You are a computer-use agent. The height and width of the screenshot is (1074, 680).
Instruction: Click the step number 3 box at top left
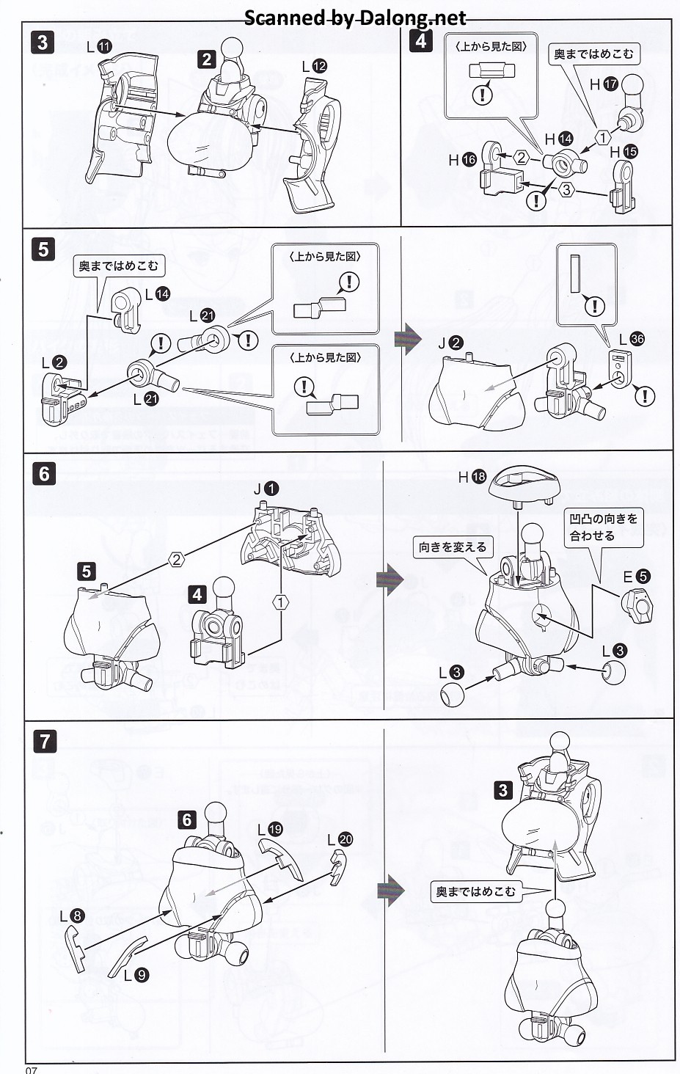tap(43, 42)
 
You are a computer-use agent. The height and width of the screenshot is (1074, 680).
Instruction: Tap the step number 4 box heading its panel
tap(420, 40)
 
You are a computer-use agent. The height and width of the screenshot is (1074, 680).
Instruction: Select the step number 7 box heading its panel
tap(45, 741)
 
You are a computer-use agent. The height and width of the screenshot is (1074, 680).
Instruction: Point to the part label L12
tap(314, 66)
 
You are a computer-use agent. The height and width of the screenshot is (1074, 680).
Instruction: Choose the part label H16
tap(463, 159)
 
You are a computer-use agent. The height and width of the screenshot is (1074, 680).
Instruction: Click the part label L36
tap(632, 340)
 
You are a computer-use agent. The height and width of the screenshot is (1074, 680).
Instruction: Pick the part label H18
tap(472, 477)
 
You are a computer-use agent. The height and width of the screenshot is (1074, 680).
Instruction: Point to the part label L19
tap(270, 829)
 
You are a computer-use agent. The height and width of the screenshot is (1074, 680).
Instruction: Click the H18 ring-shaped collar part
tap(525, 485)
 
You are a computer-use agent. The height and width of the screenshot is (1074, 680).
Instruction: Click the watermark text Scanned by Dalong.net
tap(355, 18)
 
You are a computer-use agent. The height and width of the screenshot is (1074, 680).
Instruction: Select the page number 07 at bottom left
tap(31, 1069)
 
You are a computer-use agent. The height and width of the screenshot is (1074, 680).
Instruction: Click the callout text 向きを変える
tap(453, 547)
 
